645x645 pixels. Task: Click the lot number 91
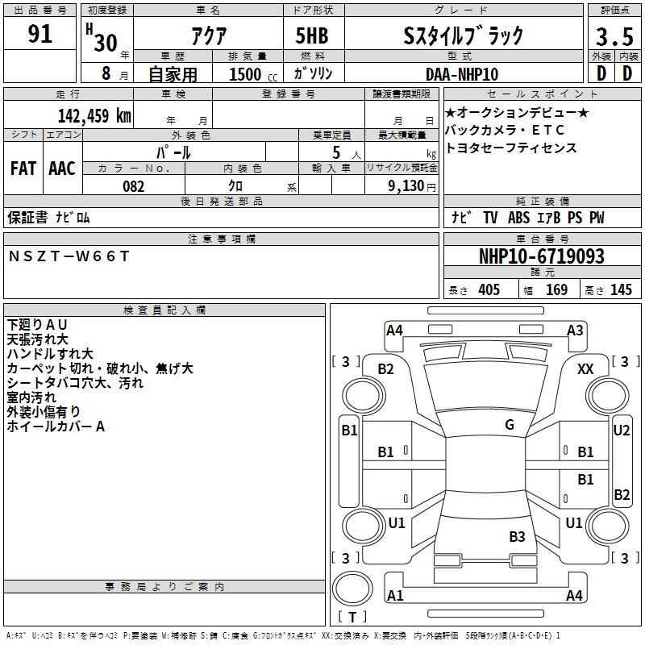point(40,33)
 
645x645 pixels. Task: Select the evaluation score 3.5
point(614,36)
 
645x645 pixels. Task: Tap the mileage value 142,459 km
point(94,115)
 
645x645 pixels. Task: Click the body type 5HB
point(312,35)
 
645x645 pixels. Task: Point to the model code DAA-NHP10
point(462,74)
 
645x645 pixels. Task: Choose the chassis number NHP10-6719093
point(542,256)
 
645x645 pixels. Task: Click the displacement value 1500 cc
point(253,74)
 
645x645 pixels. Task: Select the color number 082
point(134,186)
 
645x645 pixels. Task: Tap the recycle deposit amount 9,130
point(406,186)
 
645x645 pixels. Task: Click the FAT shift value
point(23,169)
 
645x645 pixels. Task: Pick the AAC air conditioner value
point(62,169)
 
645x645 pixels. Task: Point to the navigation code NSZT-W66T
point(69,256)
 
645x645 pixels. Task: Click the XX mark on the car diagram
point(585,369)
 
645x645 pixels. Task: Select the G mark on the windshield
point(510,425)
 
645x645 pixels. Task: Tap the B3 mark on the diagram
point(517,536)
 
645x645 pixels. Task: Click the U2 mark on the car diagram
point(622,431)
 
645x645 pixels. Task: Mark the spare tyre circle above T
point(352,589)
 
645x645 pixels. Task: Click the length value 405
point(489,289)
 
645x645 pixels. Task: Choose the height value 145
point(621,289)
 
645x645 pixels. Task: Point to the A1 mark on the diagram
point(395,595)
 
